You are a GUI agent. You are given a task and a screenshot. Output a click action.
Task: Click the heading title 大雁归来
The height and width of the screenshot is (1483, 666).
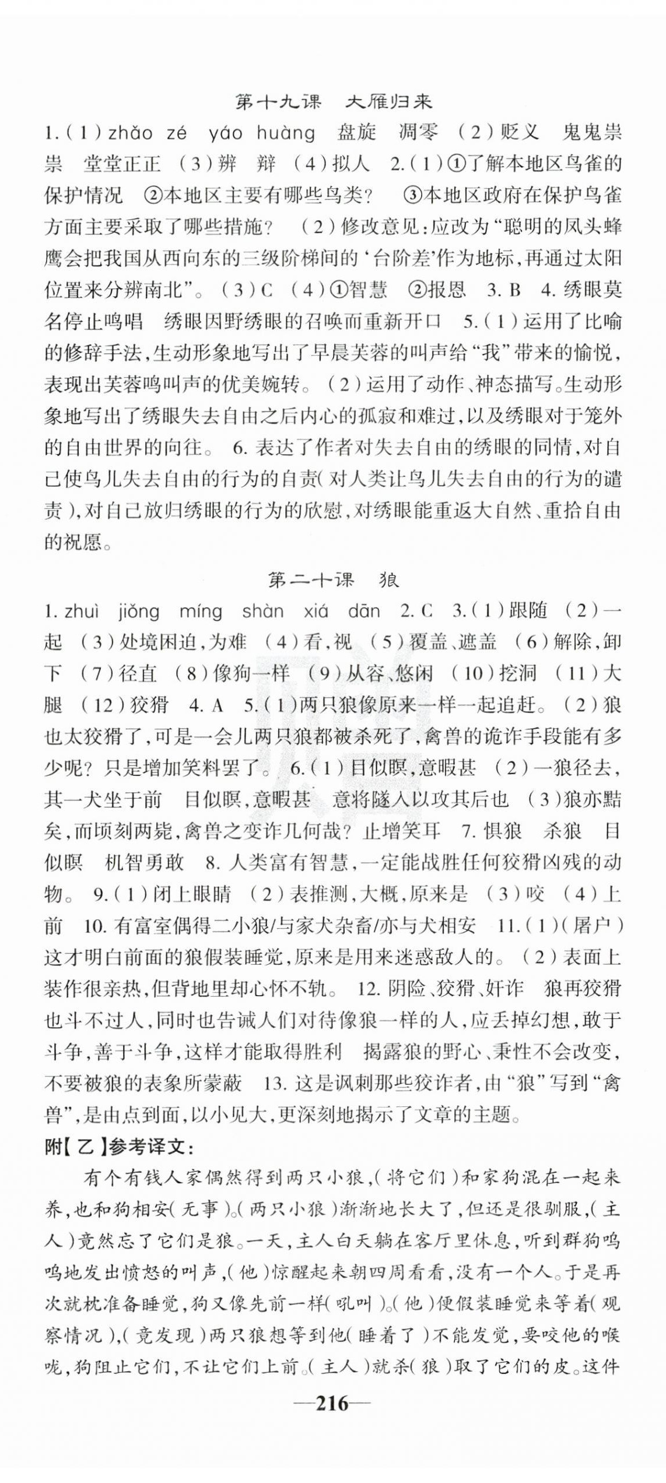(x=388, y=101)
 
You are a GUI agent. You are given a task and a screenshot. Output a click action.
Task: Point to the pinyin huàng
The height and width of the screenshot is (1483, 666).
(x=286, y=133)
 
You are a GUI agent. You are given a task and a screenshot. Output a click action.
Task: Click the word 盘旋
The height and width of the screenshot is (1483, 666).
(x=357, y=133)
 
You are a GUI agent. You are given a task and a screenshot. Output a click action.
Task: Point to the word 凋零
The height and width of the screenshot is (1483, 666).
(x=418, y=133)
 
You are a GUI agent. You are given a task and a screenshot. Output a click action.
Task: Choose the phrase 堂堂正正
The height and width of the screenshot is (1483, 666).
(x=121, y=164)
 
